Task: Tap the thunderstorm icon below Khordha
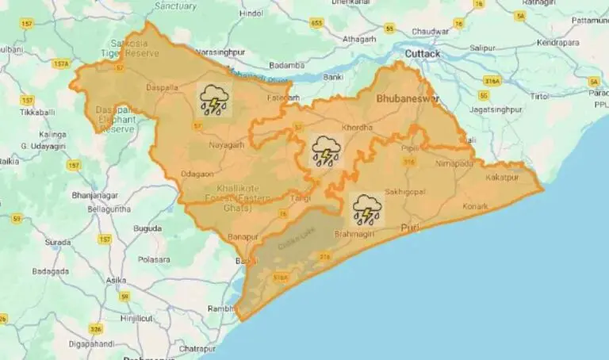325,151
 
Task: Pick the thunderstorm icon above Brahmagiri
367,210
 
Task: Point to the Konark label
475,206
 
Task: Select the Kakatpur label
503,176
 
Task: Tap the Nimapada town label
454,163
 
